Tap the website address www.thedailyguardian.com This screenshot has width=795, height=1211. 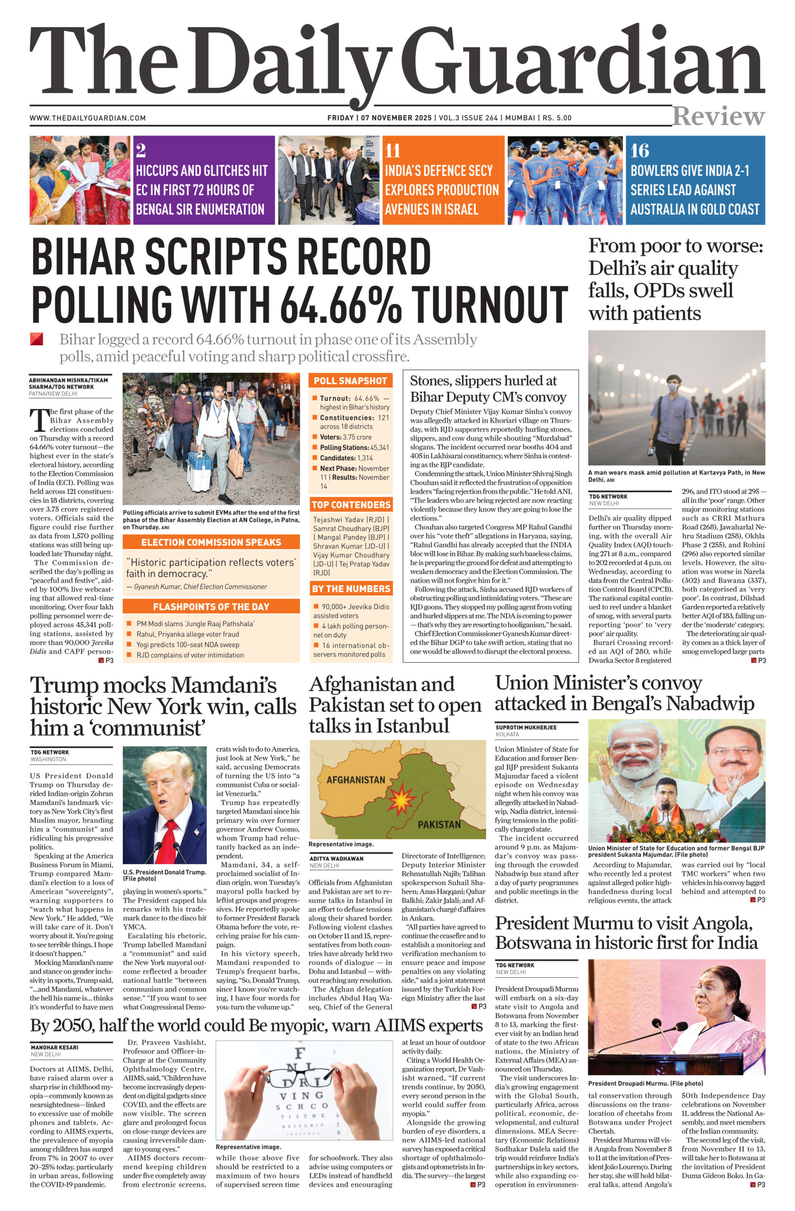87,118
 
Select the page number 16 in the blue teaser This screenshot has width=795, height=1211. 639,150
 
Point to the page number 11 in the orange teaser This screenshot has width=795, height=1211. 392,150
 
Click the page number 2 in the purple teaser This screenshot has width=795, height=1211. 141,150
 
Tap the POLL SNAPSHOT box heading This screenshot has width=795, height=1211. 350,381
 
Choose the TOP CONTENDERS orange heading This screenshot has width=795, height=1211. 350,505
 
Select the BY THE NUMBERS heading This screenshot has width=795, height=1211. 350,589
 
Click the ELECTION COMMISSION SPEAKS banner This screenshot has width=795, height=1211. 211,543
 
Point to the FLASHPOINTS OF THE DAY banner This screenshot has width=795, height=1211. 211,606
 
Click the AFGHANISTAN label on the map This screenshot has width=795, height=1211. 356,780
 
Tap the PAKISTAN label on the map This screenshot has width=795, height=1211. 439,825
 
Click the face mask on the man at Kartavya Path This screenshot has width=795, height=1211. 673,388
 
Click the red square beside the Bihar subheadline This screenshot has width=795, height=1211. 36,339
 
